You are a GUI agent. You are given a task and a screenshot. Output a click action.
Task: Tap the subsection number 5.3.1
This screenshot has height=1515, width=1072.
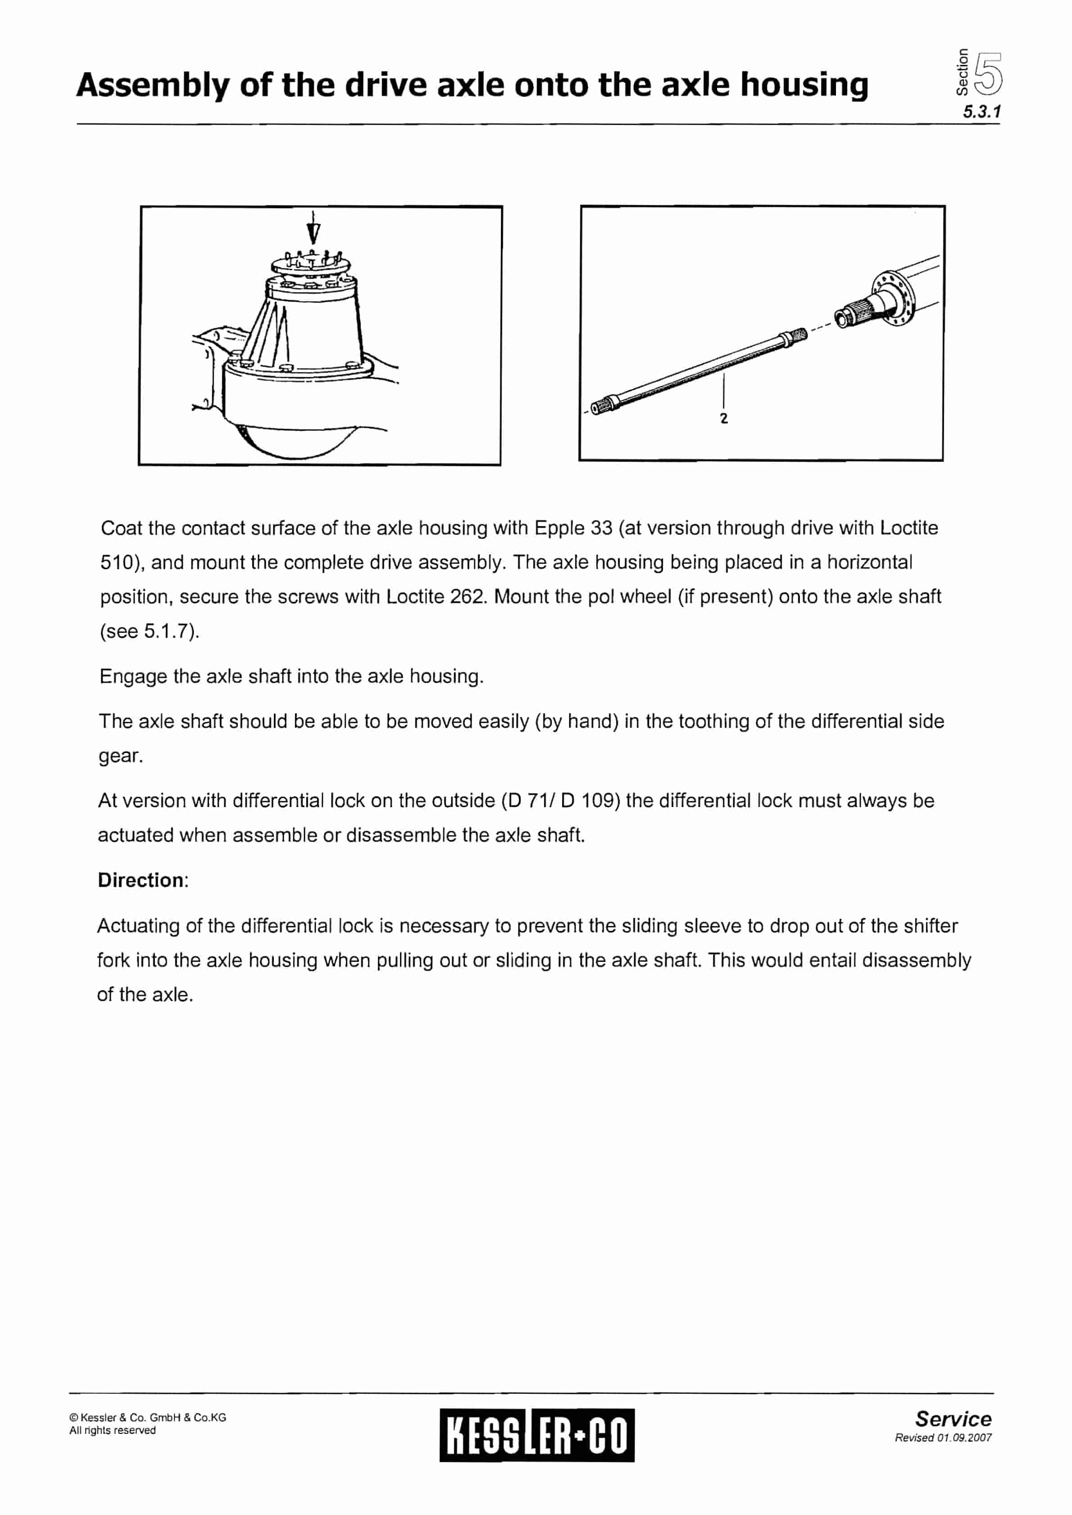click(x=981, y=112)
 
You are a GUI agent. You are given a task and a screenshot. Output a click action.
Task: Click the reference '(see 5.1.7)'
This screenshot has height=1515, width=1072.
click(x=149, y=631)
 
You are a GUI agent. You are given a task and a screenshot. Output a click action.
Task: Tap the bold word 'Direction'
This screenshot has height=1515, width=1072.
click(x=141, y=880)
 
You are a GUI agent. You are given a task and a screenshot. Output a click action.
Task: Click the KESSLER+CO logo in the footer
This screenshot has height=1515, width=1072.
click(x=536, y=1435)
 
